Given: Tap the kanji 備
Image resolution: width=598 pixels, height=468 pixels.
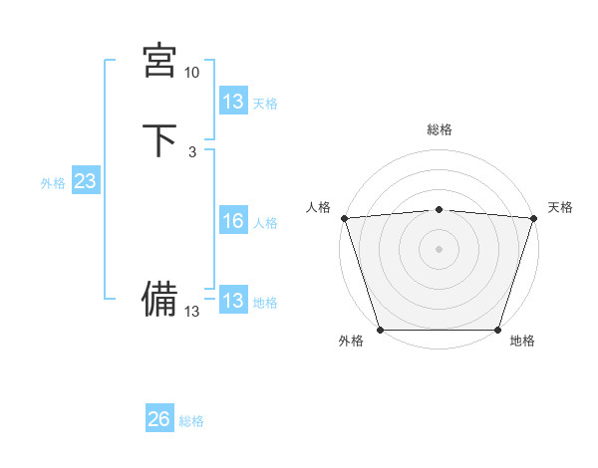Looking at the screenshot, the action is click(159, 298).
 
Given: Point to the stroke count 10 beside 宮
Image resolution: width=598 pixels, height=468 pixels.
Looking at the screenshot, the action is click(191, 73).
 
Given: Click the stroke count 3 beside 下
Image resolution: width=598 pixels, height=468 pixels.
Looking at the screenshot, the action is click(191, 151).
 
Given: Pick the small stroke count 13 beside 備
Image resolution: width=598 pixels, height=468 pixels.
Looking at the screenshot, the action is click(191, 312).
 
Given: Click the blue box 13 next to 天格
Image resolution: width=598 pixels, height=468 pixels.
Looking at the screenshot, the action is click(232, 102).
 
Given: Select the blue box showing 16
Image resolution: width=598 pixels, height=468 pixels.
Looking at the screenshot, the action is click(232, 221).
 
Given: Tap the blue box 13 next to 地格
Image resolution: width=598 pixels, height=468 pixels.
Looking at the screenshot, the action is click(232, 301).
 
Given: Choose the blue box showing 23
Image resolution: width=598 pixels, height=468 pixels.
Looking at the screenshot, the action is click(85, 181).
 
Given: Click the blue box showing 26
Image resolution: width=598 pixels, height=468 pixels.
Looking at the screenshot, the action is click(159, 419).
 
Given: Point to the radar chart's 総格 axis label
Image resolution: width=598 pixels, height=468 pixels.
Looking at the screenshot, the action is click(439, 129).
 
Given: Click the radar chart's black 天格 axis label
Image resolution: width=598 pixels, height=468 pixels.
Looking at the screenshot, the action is click(560, 207).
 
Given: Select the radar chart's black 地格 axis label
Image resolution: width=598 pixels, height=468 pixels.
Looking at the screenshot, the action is click(522, 342).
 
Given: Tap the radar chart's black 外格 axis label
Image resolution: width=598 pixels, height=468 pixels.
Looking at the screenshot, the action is click(351, 342).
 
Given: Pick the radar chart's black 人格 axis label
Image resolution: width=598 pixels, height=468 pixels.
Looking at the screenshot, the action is click(318, 207).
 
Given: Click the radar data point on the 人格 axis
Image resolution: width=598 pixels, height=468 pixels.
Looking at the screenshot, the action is click(344, 218).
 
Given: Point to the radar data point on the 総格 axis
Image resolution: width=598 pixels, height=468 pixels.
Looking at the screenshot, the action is click(439, 209).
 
